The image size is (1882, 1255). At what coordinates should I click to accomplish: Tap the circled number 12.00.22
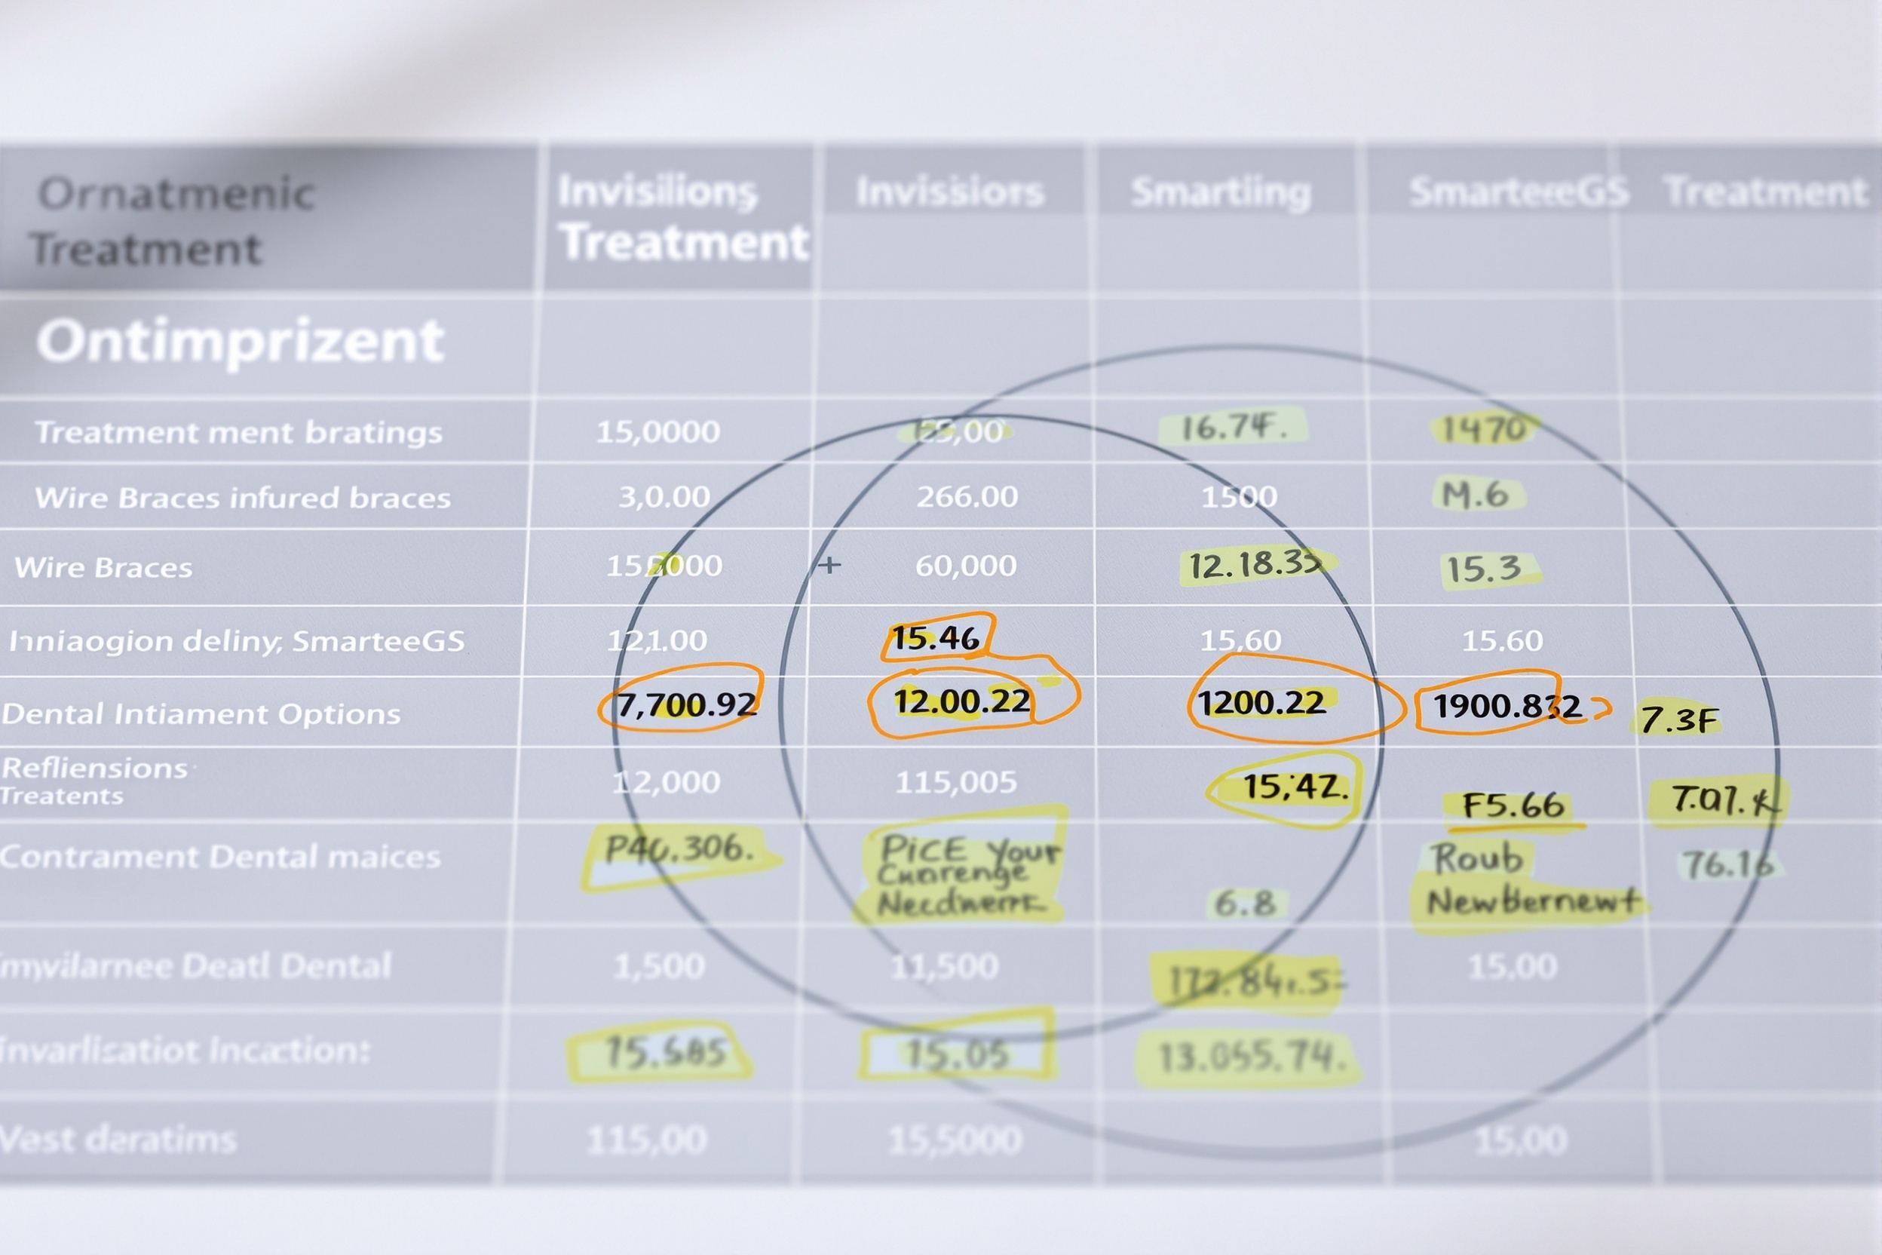coord(962,702)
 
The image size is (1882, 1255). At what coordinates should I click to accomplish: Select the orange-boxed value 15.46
coord(936,638)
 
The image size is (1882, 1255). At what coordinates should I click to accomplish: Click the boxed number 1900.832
coord(1507,706)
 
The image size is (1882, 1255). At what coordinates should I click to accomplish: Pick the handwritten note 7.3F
coord(1678,720)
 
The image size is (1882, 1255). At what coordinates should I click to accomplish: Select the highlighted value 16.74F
coord(1233,428)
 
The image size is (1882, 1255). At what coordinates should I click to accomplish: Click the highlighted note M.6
coord(1476,496)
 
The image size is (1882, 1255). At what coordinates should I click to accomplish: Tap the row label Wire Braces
coord(104,567)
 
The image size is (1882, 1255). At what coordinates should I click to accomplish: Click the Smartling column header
coord(1221,192)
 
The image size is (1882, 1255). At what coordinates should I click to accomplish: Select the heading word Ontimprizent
coord(240,342)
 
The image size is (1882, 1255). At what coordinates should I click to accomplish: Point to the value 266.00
coord(967,497)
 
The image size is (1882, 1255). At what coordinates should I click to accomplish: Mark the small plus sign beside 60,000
coord(829,565)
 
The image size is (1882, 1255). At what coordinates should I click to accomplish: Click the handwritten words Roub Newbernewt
coord(1520,880)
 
